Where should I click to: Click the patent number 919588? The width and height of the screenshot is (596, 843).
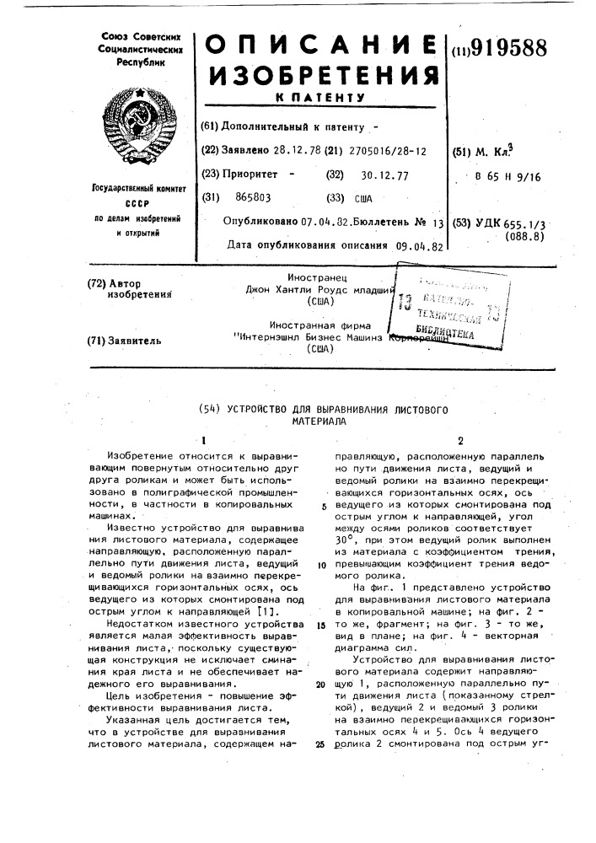(x=508, y=48)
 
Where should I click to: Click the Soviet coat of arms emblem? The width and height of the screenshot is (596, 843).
(x=140, y=127)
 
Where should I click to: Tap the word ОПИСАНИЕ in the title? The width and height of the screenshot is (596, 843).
(x=322, y=49)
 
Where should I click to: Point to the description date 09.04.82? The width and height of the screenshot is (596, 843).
(x=420, y=247)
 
